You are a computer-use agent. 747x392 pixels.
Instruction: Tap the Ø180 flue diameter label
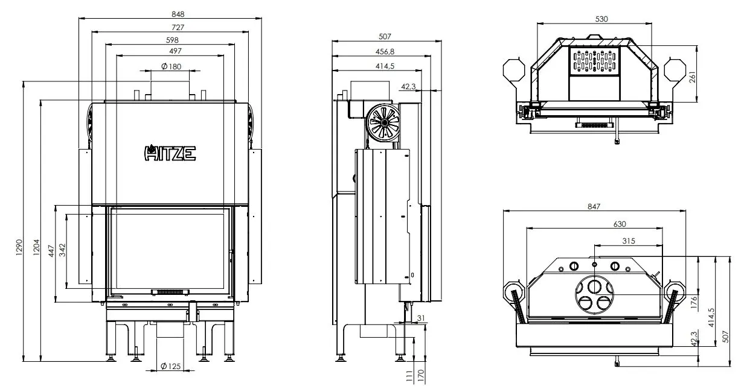coord(171,66)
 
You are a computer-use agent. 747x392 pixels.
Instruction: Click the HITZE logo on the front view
coord(170,153)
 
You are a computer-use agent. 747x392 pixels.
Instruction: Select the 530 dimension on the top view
coord(601,19)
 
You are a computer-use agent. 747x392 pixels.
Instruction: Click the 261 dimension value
coord(693,77)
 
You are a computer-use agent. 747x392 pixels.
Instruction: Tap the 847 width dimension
coord(594,206)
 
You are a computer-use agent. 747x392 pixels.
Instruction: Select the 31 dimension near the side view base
coord(420,318)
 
